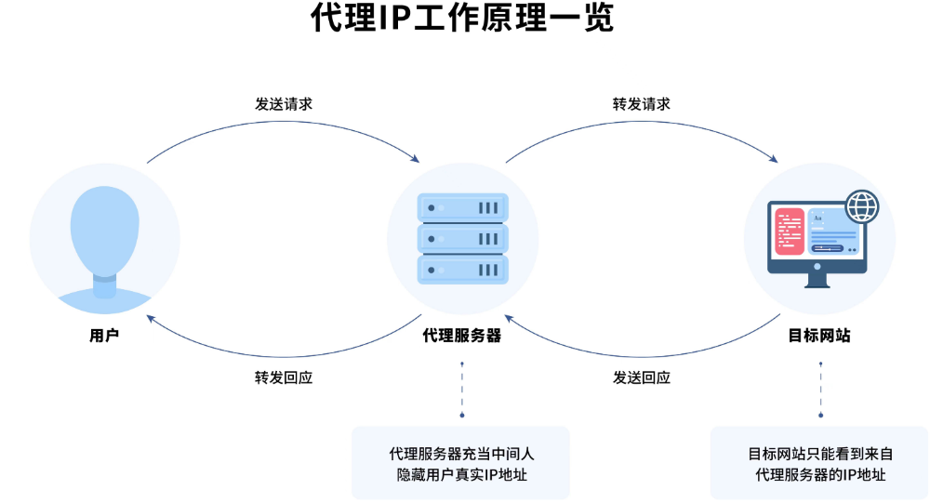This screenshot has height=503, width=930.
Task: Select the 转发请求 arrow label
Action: tap(641, 103)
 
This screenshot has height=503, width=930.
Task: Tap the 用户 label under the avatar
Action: tap(104, 336)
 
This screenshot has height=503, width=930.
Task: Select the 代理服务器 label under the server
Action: tap(462, 336)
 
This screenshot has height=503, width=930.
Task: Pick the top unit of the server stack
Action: tap(462, 207)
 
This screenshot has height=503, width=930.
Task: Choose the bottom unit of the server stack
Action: tap(462, 270)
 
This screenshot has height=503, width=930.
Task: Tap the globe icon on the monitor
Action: tap(861, 205)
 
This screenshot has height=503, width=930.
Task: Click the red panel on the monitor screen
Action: tap(790, 232)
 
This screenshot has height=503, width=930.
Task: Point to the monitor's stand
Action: tap(817, 279)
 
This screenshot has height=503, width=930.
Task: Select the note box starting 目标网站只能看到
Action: tap(819, 463)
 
